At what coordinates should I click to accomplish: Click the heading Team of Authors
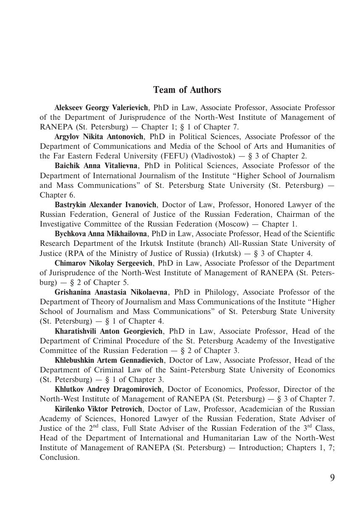tap(187, 90)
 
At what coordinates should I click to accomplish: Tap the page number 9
tap(332, 478)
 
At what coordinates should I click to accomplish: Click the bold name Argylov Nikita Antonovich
tap(99, 137)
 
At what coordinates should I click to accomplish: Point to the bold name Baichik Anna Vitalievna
tap(96, 166)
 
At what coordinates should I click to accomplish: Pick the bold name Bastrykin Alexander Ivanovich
tap(105, 205)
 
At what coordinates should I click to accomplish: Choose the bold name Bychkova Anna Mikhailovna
tap(101, 234)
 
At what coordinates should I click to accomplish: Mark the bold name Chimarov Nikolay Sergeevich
tap(103, 263)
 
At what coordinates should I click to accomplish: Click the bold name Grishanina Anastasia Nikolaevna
tap(111, 292)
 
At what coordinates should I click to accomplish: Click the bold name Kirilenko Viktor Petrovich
tap(98, 409)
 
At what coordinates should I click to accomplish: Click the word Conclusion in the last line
tap(59, 457)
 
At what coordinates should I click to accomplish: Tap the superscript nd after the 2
tap(96, 426)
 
